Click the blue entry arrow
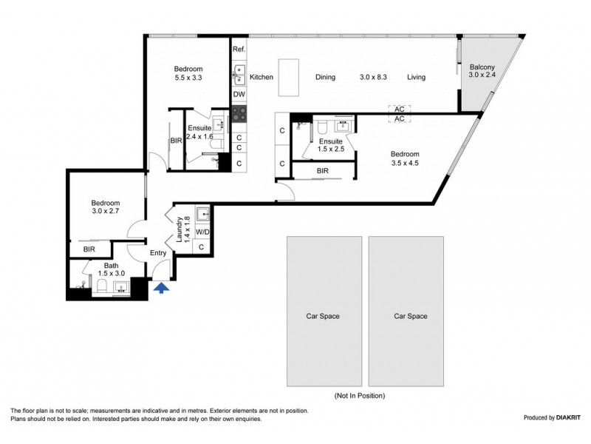point(162,289)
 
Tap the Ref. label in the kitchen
point(239,49)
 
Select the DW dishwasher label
point(239,95)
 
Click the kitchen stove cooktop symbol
point(239,114)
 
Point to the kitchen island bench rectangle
point(289,78)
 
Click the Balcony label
point(482,67)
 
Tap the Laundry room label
point(180,229)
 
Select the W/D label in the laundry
point(202,232)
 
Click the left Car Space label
point(323,317)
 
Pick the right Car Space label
point(411,317)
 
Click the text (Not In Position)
point(360,396)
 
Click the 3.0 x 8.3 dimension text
point(373,77)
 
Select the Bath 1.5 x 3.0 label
point(112,269)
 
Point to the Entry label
point(158,253)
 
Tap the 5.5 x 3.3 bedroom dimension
point(188,78)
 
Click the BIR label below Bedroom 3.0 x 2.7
point(89,249)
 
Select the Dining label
point(325,77)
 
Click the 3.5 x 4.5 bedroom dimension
point(405,163)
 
